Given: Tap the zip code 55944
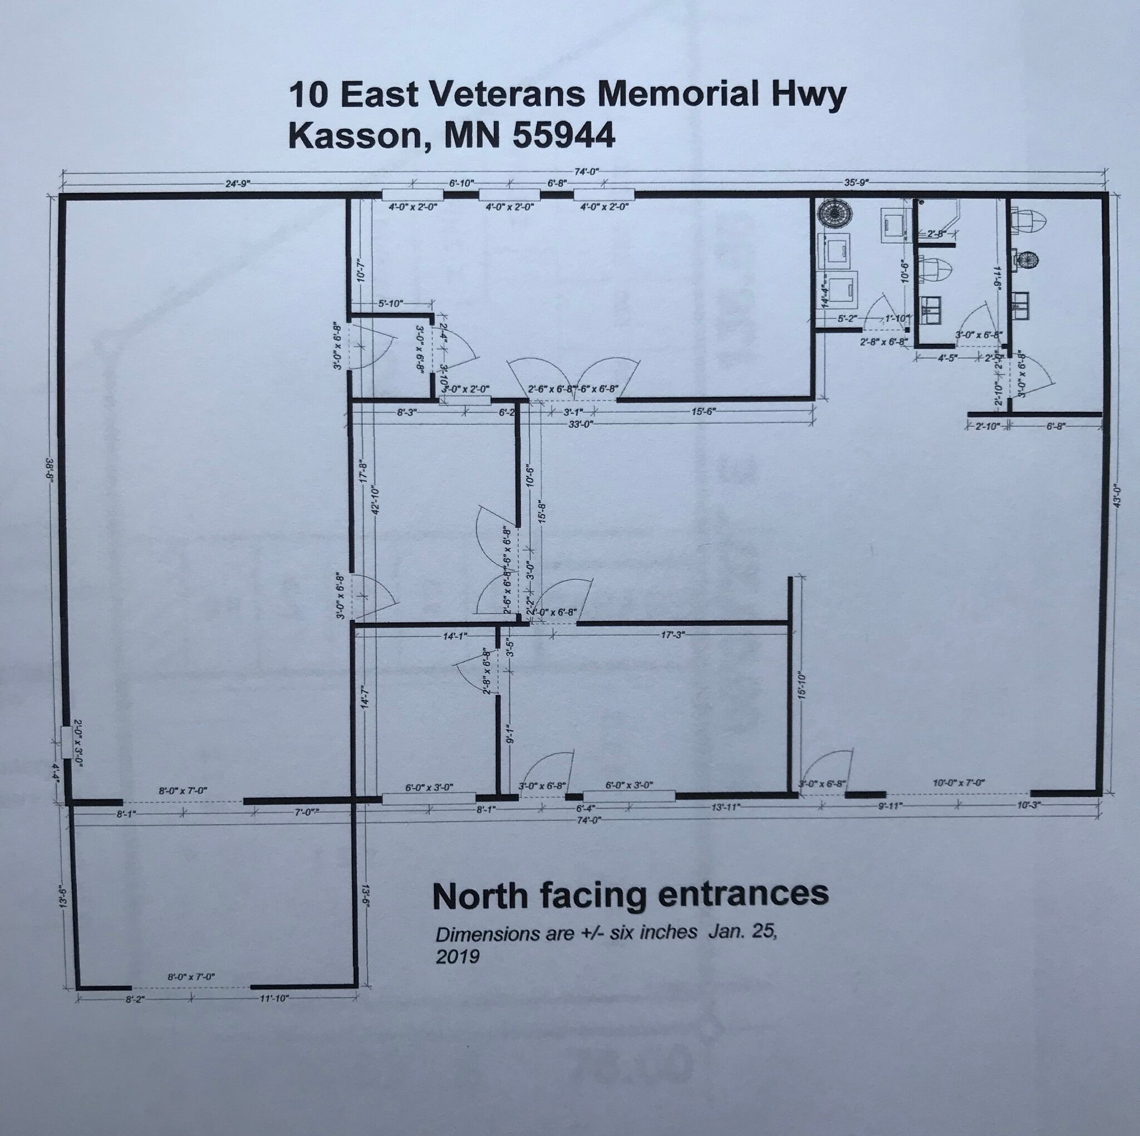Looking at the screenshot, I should click(x=563, y=136).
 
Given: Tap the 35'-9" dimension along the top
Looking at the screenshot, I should click(x=857, y=183).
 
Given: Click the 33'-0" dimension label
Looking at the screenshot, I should click(x=579, y=424).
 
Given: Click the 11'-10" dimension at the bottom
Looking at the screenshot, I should click(x=274, y=998).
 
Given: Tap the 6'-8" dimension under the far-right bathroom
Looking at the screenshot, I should click(x=1055, y=425).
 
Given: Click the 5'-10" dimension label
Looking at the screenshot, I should click(x=391, y=303).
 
